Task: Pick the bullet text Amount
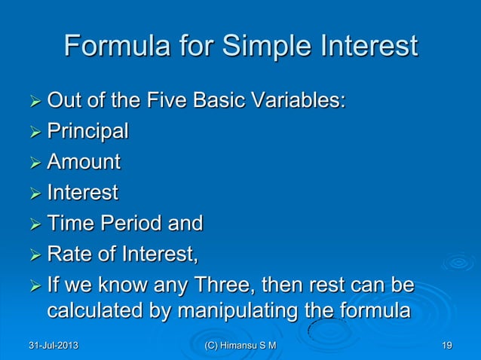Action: [x=84, y=162]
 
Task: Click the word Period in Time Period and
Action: [x=138, y=224]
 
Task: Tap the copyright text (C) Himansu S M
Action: [x=240, y=345]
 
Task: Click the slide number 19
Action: [x=447, y=345]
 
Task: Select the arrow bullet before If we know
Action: [x=33, y=287]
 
